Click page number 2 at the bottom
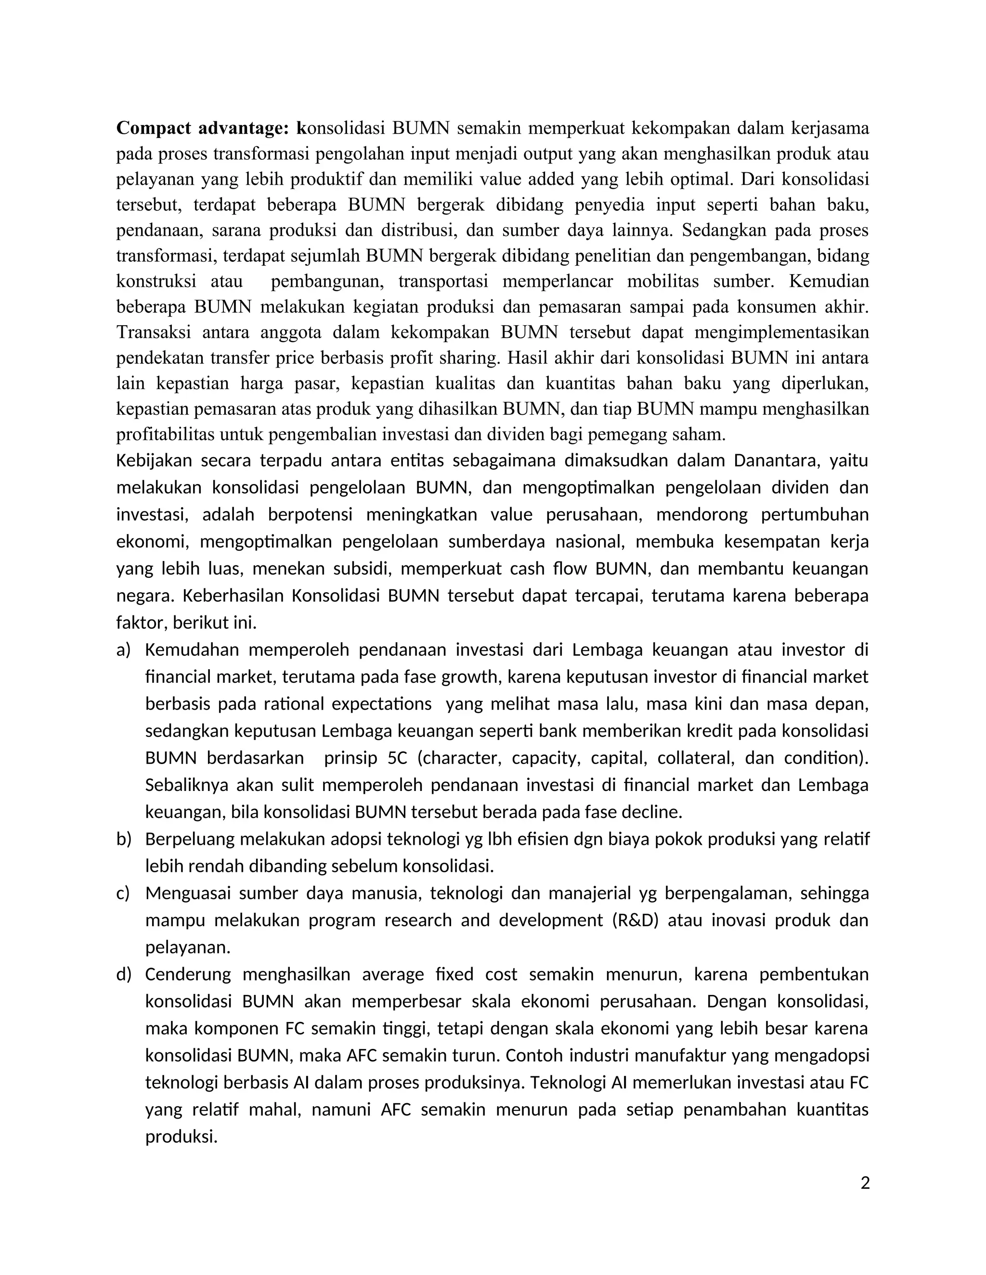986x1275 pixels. tap(865, 1184)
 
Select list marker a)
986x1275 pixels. tap(123, 650)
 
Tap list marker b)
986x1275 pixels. tap(123, 839)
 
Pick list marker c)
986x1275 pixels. tap(123, 893)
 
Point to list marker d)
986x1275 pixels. tap(123, 974)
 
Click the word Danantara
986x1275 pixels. tap(775, 460)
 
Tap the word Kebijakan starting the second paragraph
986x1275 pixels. tap(154, 460)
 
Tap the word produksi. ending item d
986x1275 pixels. tap(181, 1136)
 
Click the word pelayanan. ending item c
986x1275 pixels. tap(187, 947)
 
